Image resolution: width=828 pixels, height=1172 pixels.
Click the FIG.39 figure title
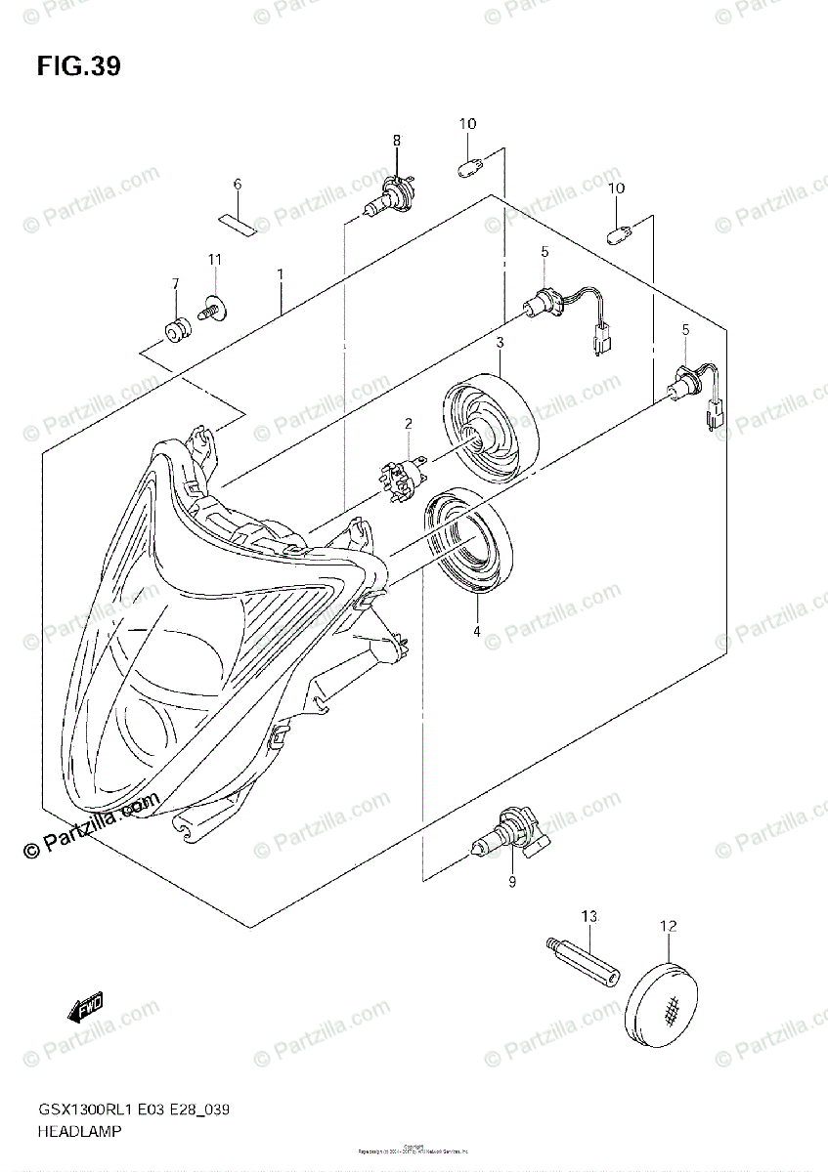coord(79,66)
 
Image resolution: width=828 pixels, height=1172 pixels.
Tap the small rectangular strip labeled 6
coord(236,222)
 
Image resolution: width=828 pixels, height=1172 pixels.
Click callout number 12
coord(669,925)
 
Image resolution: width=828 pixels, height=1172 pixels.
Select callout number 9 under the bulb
coord(511,883)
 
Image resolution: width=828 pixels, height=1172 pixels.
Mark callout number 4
coord(478,631)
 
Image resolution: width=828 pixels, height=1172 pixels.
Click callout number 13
coord(588,916)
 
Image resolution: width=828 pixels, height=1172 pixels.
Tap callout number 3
coord(499,343)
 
